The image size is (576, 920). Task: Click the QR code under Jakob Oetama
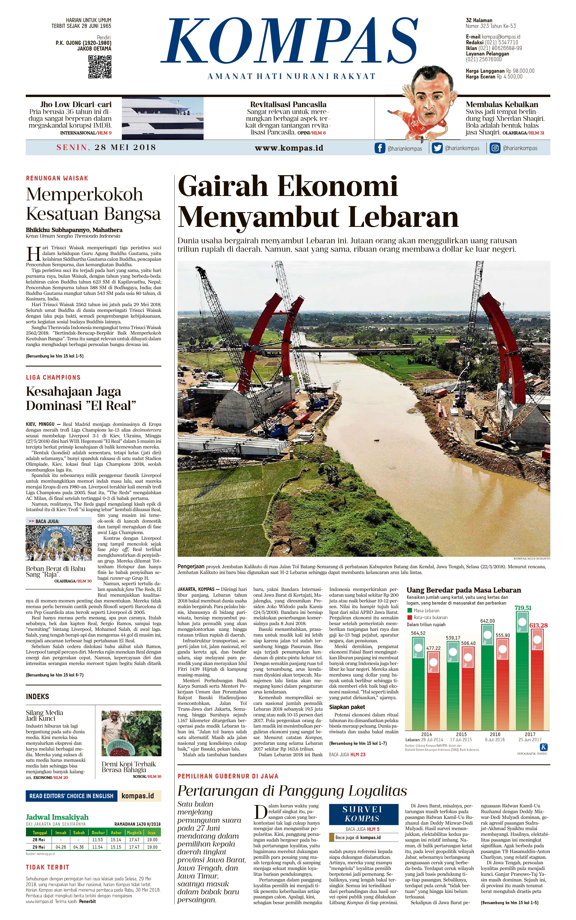100,67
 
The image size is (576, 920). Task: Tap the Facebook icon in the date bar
380,148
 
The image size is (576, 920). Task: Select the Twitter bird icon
437,148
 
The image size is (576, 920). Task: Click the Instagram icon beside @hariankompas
495,148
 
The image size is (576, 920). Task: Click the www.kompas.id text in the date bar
289,148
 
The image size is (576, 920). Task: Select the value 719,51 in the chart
523,608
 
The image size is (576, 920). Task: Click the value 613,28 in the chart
538,625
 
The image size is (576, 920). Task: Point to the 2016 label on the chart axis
495,734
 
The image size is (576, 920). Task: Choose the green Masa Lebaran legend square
410,610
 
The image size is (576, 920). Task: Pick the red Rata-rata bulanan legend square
410,617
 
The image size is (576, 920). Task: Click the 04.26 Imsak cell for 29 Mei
61,847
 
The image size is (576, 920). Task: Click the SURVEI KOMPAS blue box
362,814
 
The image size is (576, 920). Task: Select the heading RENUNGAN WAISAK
57,178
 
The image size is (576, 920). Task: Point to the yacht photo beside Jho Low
162,118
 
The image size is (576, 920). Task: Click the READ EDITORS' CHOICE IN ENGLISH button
71,796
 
